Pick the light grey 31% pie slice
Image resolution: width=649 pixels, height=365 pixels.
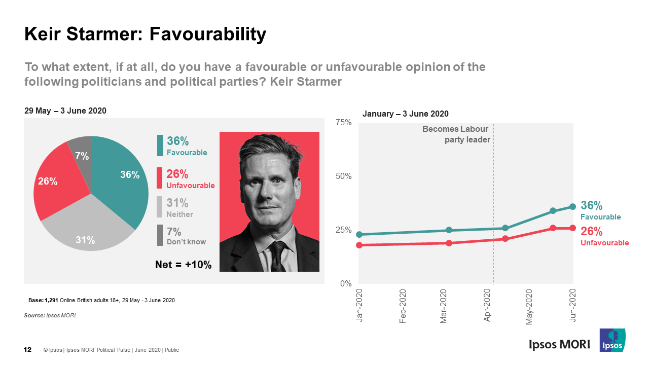[x=86, y=228]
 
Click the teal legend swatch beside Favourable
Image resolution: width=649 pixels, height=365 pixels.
[x=160, y=145]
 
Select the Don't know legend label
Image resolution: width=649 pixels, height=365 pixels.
[x=186, y=242]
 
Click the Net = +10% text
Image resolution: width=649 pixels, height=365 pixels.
[x=183, y=265]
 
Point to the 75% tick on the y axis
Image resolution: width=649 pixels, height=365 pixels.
[x=344, y=123]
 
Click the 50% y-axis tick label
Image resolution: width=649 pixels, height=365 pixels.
[x=344, y=176]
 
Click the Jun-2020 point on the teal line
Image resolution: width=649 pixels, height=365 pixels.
[x=573, y=206]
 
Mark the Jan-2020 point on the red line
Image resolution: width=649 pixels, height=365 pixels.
[x=359, y=245]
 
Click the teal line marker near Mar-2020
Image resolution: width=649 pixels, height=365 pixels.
[x=449, y=230]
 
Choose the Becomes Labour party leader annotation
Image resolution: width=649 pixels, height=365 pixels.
[x=455, y=134]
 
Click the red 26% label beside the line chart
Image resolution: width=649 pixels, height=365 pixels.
[x=591, y=232]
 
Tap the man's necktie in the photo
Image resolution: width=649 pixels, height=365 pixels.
[x=278, y=256]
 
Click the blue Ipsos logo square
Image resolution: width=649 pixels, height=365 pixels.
[x=612, y=340]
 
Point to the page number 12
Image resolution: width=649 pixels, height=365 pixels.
[x=28, y=350]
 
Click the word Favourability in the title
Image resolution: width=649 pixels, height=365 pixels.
[x=207, y=34]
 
